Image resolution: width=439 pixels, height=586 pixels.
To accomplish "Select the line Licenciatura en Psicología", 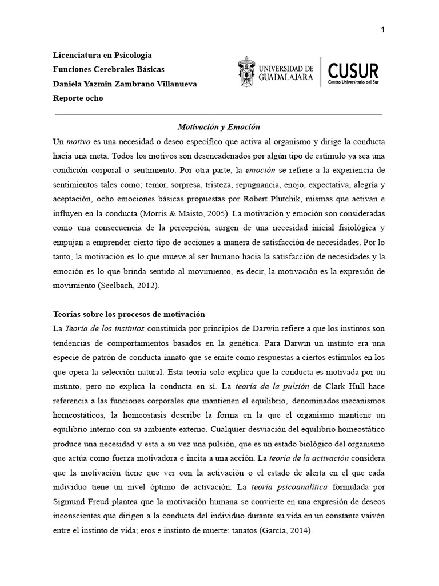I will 102,55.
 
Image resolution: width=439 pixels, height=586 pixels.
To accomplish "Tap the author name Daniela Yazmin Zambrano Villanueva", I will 125,84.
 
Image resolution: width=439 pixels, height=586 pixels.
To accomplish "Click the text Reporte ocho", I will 78,98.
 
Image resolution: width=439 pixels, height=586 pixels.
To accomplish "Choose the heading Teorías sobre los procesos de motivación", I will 129,315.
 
